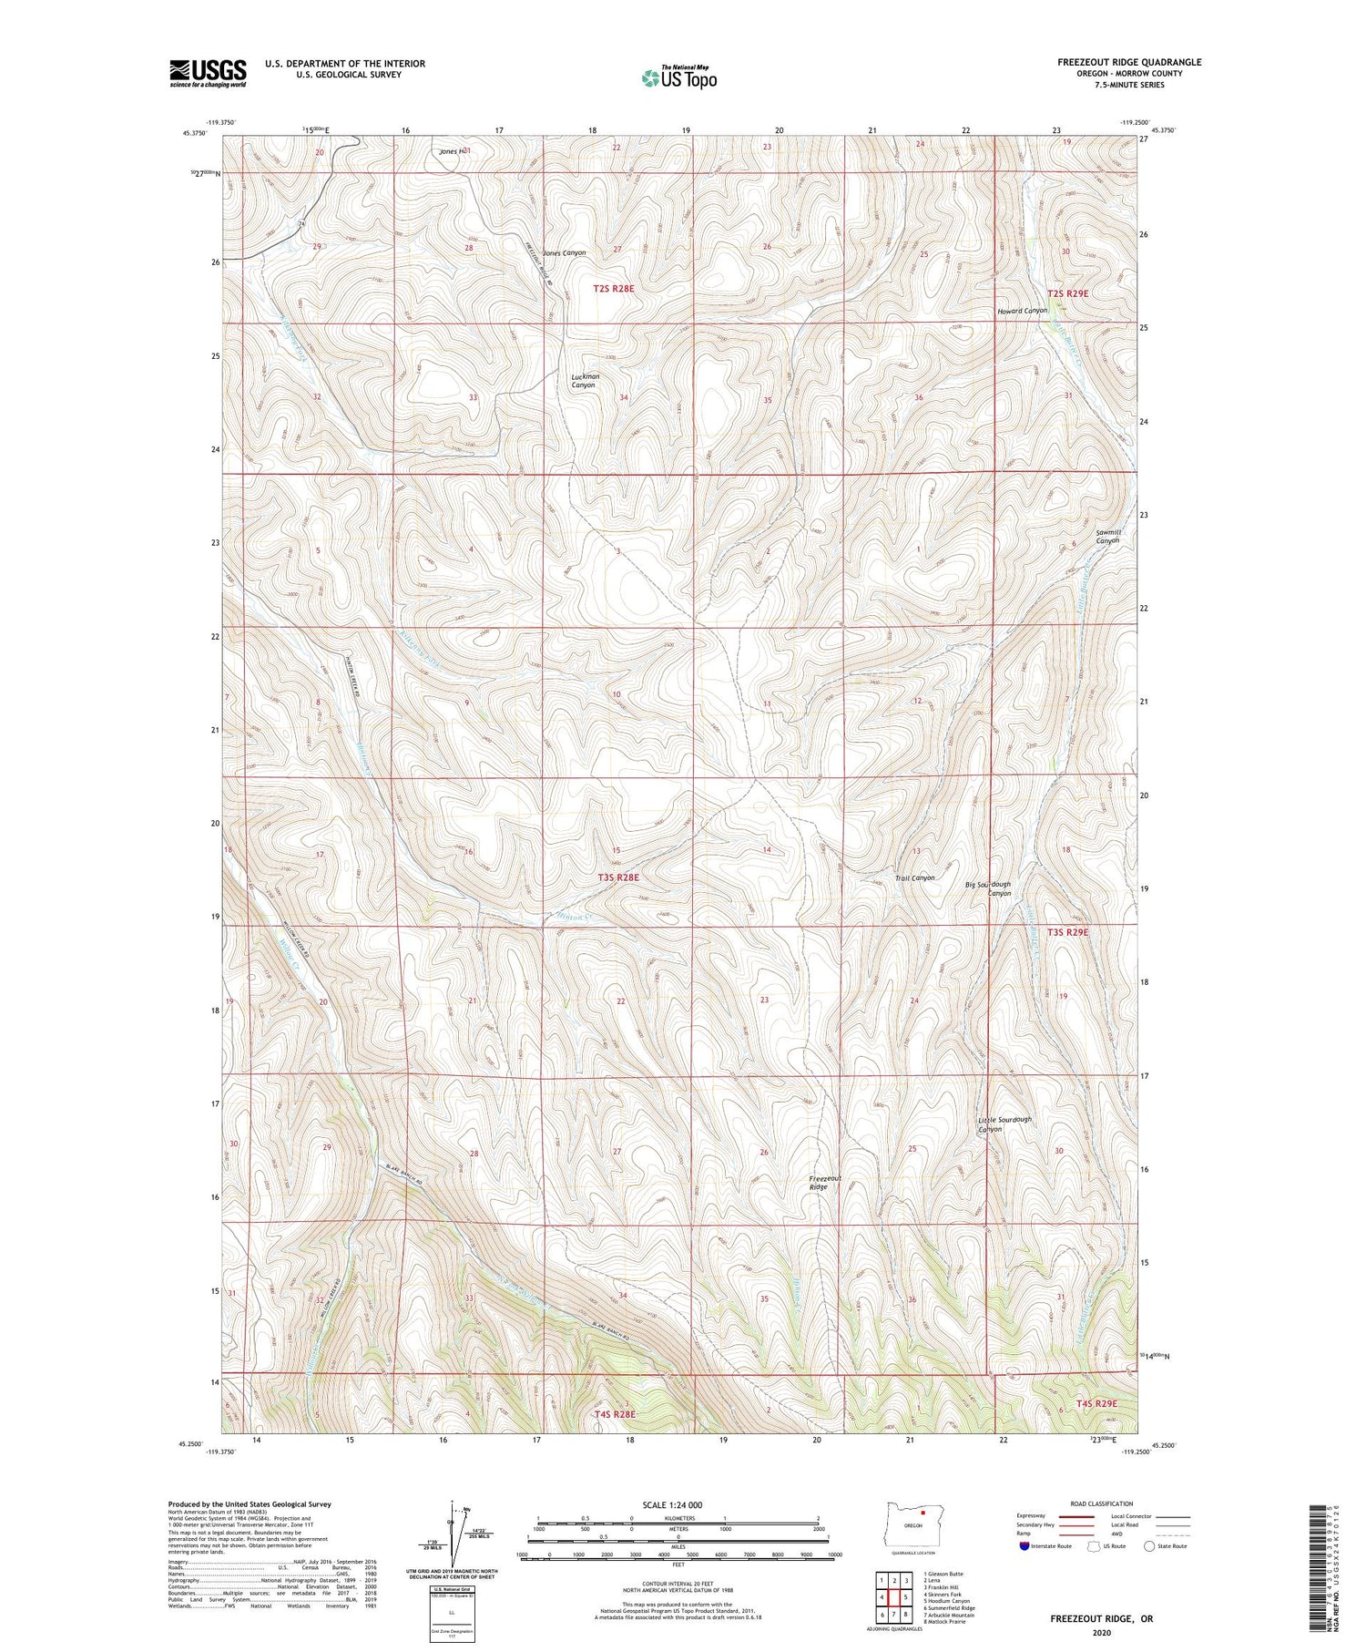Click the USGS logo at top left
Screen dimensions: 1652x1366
(x=208, y=73)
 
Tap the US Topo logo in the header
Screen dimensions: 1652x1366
(x=678, y=78)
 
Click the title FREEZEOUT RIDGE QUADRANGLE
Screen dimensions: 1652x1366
(x=1128, y=62)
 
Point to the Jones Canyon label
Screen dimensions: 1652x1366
(x=565, y=252)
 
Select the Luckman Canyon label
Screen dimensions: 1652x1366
(x=585, y=381)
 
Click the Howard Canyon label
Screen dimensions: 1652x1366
(x=1022, y=311)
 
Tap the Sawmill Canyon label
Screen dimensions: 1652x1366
(x=1107, y=536)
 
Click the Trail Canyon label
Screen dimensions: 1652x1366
(x=914, y=877)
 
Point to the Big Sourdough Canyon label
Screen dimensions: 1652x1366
(x=988, y=888)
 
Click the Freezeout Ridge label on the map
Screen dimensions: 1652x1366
(x=825, y=1183)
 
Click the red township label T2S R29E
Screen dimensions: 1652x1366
(x=1067, y=293)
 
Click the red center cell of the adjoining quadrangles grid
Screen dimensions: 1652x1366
(x=894, y=1597)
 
